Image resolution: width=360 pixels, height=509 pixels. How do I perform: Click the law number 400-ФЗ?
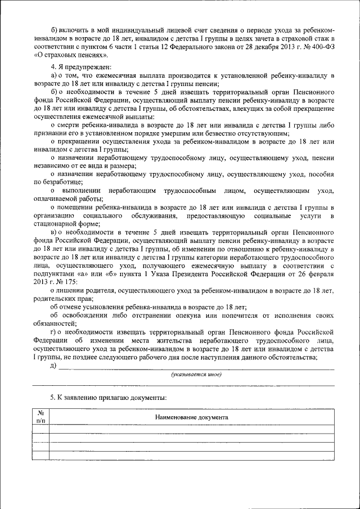[x=321, y=46]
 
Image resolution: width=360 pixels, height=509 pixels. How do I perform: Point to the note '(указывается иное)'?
[x=196, y=375]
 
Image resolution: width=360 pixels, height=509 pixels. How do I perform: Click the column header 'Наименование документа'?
[x=191, y=418]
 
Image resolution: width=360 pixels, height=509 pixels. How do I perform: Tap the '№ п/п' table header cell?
[x=40, y=417]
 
